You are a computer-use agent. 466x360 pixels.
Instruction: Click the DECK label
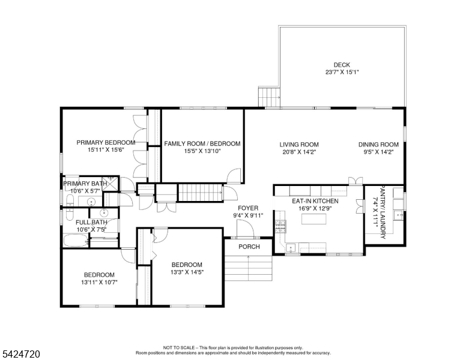(341, 65)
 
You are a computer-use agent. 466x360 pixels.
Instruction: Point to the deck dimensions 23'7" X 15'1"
(341, 73)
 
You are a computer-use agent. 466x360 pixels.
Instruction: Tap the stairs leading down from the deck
(269, 97)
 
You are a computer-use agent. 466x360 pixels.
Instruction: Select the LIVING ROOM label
(298, 145)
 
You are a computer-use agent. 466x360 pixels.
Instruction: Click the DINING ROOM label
(378, 145)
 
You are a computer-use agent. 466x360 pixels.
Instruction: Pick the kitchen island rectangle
(314, 220)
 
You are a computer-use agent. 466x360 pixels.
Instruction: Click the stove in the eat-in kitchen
(280, 227)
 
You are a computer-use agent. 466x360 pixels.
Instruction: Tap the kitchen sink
(291, 247)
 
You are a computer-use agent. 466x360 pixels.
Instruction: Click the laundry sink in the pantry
(398, 214)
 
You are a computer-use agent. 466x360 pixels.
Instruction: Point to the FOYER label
(248, 208)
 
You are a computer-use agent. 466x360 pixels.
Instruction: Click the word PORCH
(249, 247)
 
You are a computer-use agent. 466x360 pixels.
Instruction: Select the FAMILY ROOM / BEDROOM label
(202, 144)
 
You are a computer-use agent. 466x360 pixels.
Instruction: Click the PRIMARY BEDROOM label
(106, 143)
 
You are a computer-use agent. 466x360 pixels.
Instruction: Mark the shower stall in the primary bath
(110, 184)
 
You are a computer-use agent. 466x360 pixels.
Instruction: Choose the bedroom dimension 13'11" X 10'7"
(99, 282)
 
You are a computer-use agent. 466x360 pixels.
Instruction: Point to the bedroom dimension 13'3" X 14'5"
(187, 272)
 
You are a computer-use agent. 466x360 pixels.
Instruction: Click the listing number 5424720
(20, 354)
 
